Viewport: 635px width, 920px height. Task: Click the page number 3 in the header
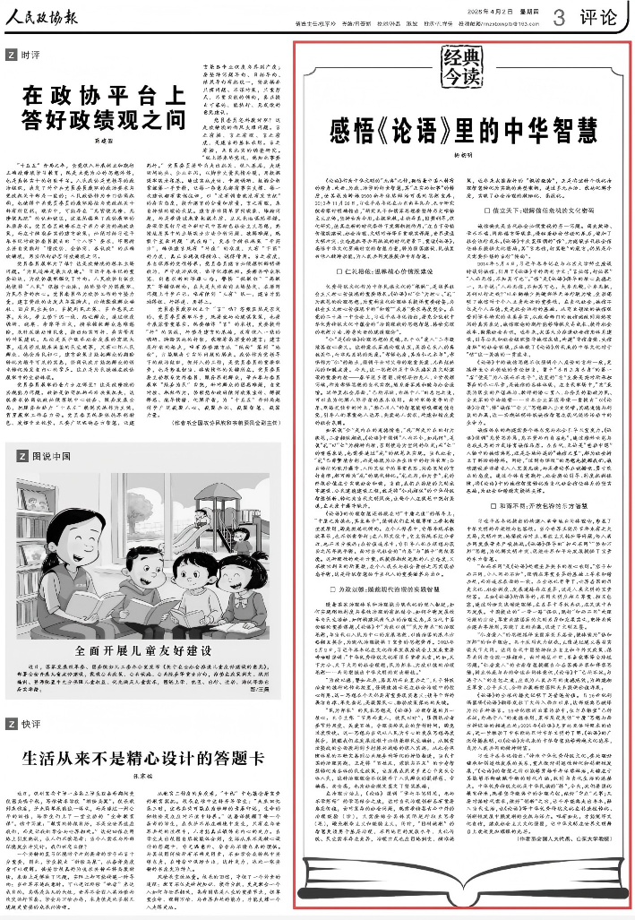(x=559, y=15)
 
